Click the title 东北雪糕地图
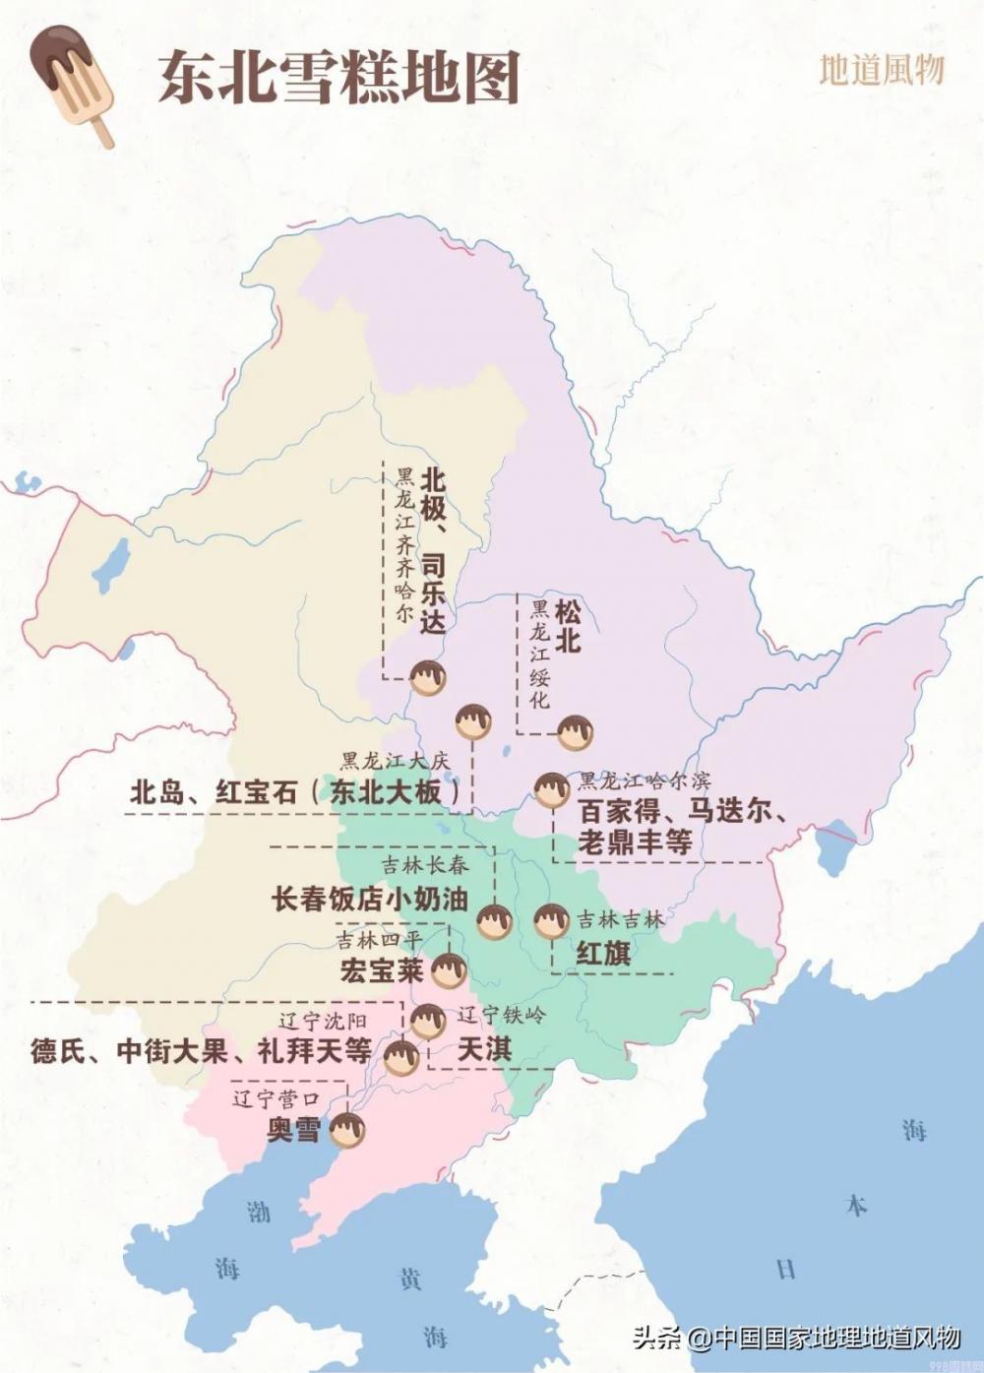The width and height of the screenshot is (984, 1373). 339,78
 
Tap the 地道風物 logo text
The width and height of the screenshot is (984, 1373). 882,70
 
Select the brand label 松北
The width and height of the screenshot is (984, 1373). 567,627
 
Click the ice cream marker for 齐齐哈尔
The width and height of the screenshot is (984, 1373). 428,677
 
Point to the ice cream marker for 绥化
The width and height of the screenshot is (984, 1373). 575,732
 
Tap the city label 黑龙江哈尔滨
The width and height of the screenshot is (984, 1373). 644,780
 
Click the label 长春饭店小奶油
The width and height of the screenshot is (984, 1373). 369,899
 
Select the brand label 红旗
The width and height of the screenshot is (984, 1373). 603,953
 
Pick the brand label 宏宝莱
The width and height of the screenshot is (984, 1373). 382,970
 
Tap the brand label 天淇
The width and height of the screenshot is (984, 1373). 484,1049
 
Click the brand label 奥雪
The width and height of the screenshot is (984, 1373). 294,1129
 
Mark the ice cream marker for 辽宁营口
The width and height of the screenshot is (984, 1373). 347,1131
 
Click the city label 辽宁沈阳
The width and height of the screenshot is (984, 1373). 322,1022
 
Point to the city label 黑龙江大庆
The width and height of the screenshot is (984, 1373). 395,761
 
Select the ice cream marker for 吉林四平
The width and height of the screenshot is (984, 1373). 449,969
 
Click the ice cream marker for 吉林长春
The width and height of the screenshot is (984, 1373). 494,921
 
